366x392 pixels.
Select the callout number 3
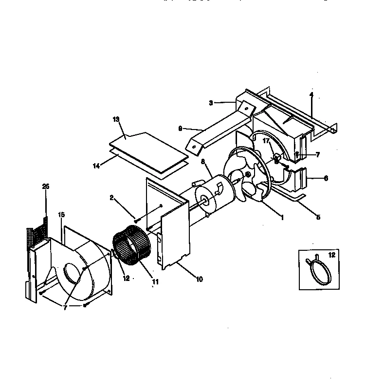pos(211,103)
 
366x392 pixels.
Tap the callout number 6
pos(326,178)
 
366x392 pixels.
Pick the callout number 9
pos(180,129)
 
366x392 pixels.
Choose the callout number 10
pos(200,280)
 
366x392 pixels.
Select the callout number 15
pos(61,214)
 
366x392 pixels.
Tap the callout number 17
pos(266,141)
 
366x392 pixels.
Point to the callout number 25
pos(46,187)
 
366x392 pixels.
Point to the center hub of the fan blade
pos(248,175)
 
